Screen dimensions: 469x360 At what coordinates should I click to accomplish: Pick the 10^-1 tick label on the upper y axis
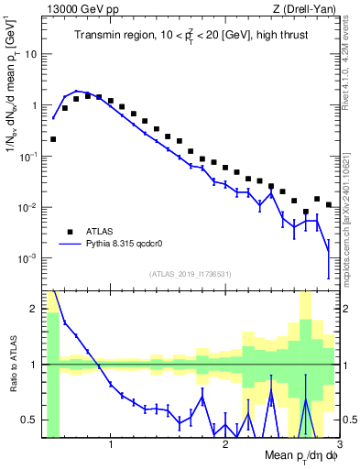coord(29,157)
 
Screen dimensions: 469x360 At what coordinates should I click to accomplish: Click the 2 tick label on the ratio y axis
coord(35,308)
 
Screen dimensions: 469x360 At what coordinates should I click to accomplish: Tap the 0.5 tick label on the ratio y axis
coord(30,420)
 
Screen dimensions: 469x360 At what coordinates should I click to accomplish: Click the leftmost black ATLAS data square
coord(53,139)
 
